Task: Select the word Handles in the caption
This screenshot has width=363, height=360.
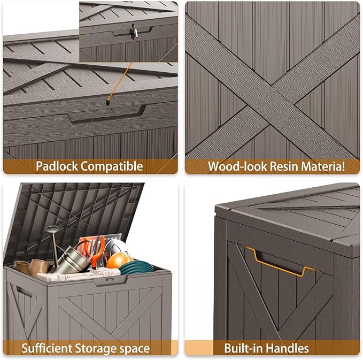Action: click(289, 349)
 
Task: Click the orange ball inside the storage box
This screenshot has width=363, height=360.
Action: click(117, 262)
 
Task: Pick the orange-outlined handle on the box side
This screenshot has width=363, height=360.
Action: click(276, 262)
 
